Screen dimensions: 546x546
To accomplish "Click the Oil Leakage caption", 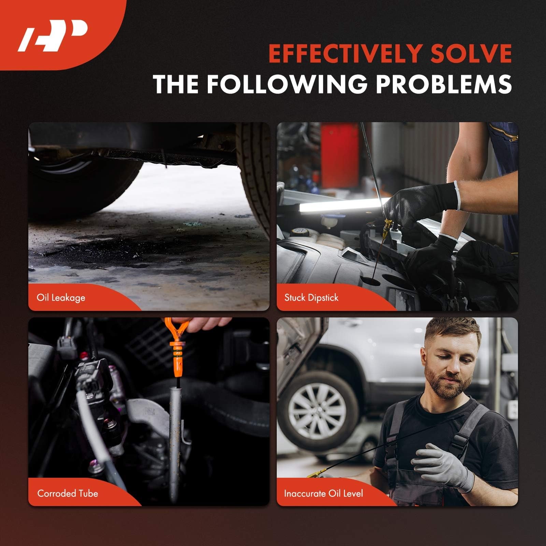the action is (61, 298).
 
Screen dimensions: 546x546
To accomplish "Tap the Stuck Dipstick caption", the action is (311, 298).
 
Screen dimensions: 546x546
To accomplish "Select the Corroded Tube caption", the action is (68, 493).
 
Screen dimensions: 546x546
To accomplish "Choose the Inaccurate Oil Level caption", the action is (323, 493).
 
